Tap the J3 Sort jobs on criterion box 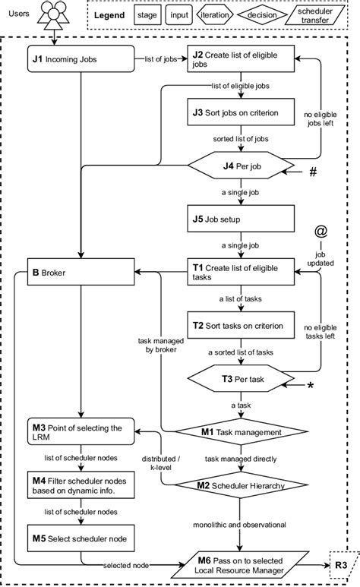(x=240, y=112)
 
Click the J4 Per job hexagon (x=240, y=164)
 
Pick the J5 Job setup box (x=240, y=219)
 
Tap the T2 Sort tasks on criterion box (x=240, y=325)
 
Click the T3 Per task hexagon (x=240, y=377)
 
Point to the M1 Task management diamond (x=240, y=431)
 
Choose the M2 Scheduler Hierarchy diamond (x=240, y=485)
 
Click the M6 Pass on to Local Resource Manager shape (x=240, y=565)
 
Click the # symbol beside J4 (x=312, y=173)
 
